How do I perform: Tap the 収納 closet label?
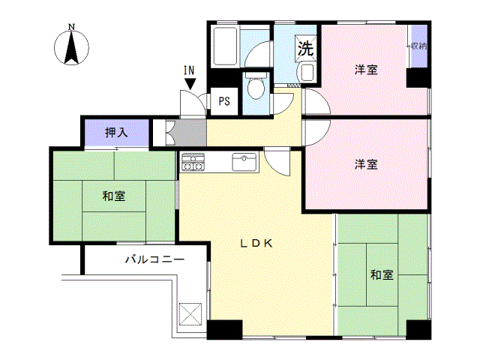click(418, 46)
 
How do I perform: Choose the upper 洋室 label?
click(366, 70)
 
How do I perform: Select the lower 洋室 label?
click(366, 163)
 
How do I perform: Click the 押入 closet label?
click(116, 133)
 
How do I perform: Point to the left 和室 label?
click(113, 196)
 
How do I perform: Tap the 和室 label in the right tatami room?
click(381, 275)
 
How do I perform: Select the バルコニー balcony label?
click(154, 259)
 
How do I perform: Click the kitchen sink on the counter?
click(244, 160)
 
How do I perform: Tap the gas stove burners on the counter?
click(193, 161)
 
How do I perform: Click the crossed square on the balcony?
click(191, 313)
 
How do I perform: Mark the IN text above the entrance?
click(189, 70)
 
